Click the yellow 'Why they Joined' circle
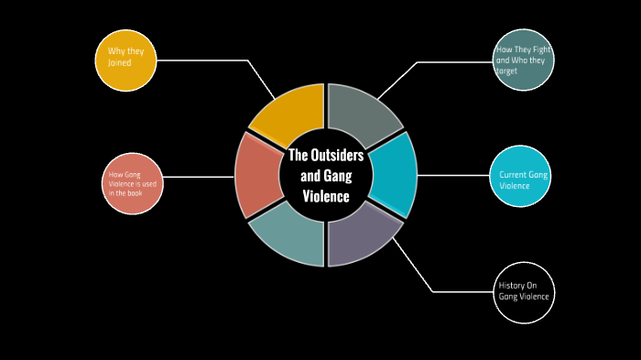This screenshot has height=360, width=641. (x=126, y=60)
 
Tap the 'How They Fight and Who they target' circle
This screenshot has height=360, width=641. (x=523, y=60)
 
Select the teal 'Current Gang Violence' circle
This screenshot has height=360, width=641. (x=521, y=176)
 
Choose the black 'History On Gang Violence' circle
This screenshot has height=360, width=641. (x=525, y=292)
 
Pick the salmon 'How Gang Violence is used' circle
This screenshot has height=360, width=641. (x=133, y=183)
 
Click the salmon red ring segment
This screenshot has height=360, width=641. (x=255, y=175)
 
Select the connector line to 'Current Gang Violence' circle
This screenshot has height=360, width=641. (x=453, y=176)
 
